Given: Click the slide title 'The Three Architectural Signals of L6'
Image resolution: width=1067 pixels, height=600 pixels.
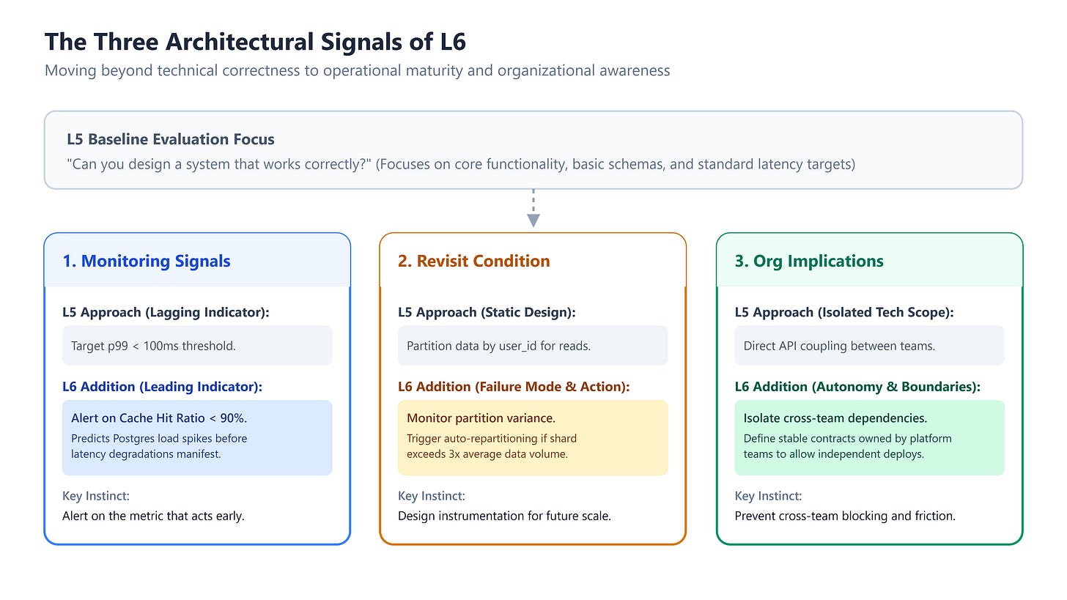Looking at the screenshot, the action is (255, 42).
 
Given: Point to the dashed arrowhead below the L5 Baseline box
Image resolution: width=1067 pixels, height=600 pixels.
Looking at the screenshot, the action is (533, 221).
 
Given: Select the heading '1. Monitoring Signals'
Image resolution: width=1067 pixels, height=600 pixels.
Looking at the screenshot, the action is (147, 261).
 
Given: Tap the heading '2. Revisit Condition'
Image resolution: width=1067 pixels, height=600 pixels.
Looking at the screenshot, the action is (474, 261).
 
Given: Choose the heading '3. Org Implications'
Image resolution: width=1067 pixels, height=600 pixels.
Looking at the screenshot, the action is (809, 261).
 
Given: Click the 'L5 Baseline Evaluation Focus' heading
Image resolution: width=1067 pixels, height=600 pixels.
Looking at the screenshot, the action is (171, 139).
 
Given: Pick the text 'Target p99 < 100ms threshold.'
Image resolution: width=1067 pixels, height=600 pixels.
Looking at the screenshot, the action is (153, 346).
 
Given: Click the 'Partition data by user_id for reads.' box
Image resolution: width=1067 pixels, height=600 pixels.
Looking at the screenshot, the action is (533, 346).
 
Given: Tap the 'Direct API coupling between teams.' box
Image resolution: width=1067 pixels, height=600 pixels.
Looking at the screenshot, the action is (869, 346).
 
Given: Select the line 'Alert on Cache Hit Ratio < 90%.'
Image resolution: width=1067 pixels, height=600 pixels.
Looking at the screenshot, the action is (159, 418).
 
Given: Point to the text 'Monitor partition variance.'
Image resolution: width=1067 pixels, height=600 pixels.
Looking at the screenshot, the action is (481, 418).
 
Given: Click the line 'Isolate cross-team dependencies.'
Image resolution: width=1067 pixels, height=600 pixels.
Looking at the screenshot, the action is (835, 418).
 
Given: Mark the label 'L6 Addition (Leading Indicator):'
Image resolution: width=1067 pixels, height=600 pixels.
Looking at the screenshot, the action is (163, 387).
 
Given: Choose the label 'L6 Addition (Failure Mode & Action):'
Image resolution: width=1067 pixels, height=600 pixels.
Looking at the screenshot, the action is (514, 387).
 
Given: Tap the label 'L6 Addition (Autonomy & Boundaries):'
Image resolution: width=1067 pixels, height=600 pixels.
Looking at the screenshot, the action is (857, 387).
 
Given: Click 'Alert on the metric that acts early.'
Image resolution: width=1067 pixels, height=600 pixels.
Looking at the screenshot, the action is (153, 516).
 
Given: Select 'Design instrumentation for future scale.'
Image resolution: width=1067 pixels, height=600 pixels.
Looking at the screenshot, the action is (504, 516).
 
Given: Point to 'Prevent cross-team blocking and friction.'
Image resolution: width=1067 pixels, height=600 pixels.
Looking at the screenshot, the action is (845, 516).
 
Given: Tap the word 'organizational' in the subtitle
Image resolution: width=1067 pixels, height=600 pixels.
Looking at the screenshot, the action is (546, 70).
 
